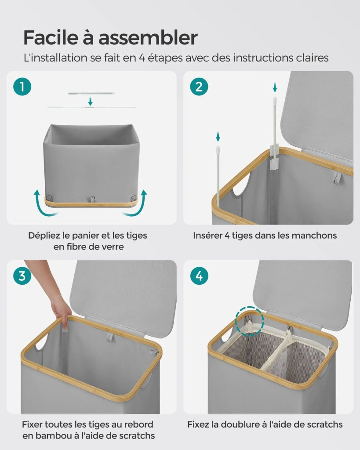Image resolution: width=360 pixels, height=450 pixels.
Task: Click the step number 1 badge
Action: click(x=22, y=87)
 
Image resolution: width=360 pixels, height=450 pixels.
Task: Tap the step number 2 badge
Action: click(x=199, y=87)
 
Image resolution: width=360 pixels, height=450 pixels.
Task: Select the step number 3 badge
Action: click(x=22, y=276)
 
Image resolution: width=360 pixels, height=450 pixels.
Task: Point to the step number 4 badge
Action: click(x=199, y=276)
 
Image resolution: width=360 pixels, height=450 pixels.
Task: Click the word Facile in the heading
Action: click(x=51, y=38)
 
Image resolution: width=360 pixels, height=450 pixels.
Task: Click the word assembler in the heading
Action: click(x=148, y=38)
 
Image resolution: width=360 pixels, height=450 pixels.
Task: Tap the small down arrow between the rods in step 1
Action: click(x=91, y=102)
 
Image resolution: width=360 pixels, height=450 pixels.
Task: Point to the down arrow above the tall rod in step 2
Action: click(x=275, y=87)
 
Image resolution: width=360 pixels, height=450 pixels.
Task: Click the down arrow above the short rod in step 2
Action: click(x=218, y=137)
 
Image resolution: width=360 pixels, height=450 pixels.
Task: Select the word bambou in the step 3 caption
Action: click(x=51, y=435)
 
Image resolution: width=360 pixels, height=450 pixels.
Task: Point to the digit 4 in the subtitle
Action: click(x=142, y=58)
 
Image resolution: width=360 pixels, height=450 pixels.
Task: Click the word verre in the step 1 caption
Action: click(x=113, y=247)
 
